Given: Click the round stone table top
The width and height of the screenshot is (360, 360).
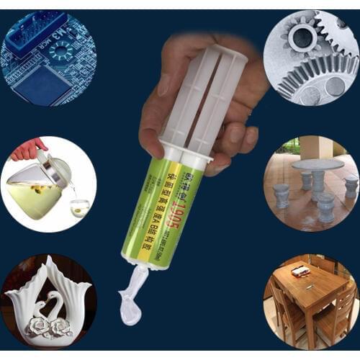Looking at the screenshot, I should click(x=317, y=164).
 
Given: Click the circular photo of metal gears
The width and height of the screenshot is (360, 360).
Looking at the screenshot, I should click(x=310, y=58).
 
